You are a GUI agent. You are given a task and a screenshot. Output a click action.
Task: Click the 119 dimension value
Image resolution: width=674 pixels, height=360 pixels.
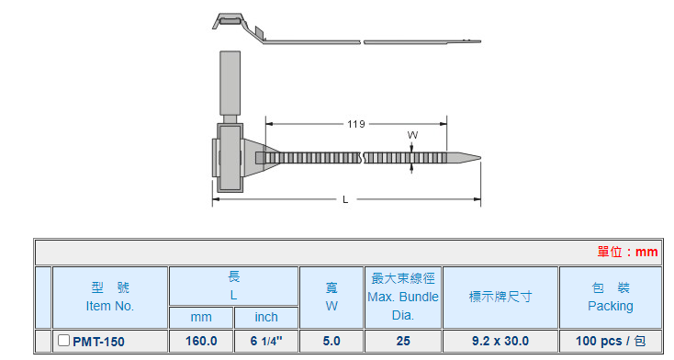coord(356,124)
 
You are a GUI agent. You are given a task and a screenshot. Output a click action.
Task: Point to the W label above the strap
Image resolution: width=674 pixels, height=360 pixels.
coord(412,135)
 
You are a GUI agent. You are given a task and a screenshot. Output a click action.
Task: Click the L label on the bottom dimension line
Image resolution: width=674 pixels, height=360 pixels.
coord(345,199)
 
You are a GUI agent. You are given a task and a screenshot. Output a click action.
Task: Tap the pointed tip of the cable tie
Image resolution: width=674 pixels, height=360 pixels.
coord(480,157)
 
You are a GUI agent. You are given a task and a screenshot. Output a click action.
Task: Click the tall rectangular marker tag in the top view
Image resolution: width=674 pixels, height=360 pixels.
coord(230,83)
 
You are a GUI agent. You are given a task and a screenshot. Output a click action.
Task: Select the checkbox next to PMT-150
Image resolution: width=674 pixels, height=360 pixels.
coord(63,340)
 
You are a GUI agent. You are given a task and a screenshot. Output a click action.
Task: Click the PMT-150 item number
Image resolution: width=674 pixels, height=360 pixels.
coord(98,342)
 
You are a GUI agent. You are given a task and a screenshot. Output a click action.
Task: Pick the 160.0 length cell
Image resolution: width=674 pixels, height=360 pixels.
coord(201,341)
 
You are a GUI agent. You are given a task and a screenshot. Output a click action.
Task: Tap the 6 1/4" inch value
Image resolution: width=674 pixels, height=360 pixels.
coord(266,341)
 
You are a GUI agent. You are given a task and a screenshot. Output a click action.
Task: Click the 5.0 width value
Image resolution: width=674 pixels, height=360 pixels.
coord(331,341)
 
